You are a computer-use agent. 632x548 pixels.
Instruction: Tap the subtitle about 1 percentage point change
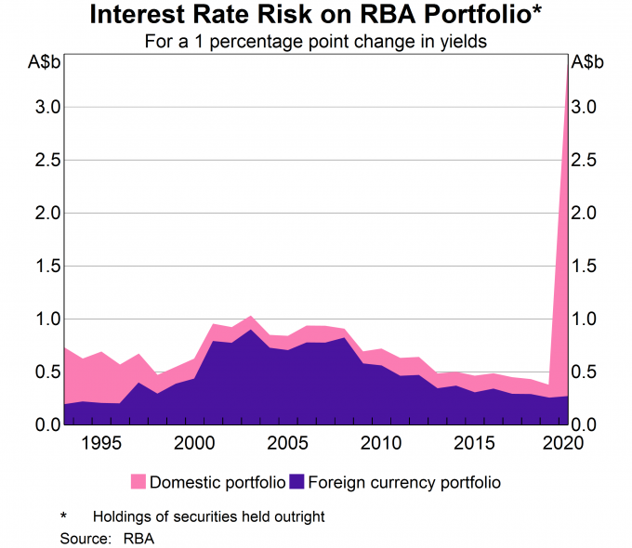[316, 41]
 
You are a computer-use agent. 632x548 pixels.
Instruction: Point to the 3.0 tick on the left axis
[47, 107]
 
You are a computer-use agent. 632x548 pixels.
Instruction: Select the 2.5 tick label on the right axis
[584, 161]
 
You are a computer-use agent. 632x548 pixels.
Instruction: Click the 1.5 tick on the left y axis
[47, 266]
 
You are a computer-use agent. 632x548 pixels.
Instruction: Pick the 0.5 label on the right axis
[584, 372]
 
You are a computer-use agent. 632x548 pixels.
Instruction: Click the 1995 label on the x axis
[101, 443]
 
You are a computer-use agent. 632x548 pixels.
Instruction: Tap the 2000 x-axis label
[194, 443]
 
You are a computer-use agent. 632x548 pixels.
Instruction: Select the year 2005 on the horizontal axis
[288, 443]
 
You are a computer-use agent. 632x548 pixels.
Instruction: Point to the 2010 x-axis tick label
[381, 443]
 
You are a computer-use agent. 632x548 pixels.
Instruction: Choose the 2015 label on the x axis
[474, 443]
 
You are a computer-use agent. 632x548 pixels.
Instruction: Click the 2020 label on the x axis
[563, 443]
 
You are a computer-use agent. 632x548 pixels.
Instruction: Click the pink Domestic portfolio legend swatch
[138, 482]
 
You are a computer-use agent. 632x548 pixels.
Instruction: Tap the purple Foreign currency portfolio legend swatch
[296, 482]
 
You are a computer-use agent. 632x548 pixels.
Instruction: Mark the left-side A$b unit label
[44, 62]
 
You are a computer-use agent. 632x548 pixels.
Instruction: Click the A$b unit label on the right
[587, 62]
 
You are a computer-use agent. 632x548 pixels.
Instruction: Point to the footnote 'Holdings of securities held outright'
[209, 516]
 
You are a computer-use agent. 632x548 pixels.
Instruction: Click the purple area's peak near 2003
[251, 330]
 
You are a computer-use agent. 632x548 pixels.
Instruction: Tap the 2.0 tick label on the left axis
[47, 213]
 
